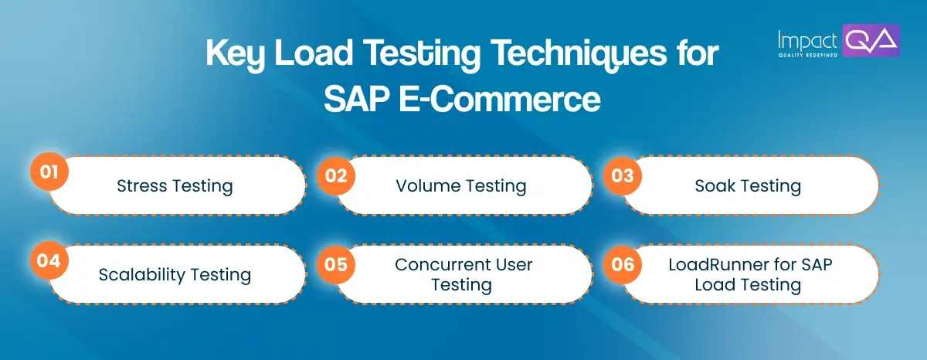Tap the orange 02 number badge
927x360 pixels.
pyautogui.click(x=335, y=175)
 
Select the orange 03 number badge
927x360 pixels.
pyautogui.click(x=623, y=175)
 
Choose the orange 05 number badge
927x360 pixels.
pyautogui.click(x=335, y=264)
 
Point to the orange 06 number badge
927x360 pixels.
pyautogui.click(x=623, y=264)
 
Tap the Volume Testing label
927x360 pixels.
pyautogui.click(x=461, y=185)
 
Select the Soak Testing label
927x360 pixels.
pyautogui.click(x=748, y=185)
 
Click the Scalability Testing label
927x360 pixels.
pyautogui.click(x=175, y=275)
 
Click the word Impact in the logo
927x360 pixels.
pyautogui.click(x=808, y=39)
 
